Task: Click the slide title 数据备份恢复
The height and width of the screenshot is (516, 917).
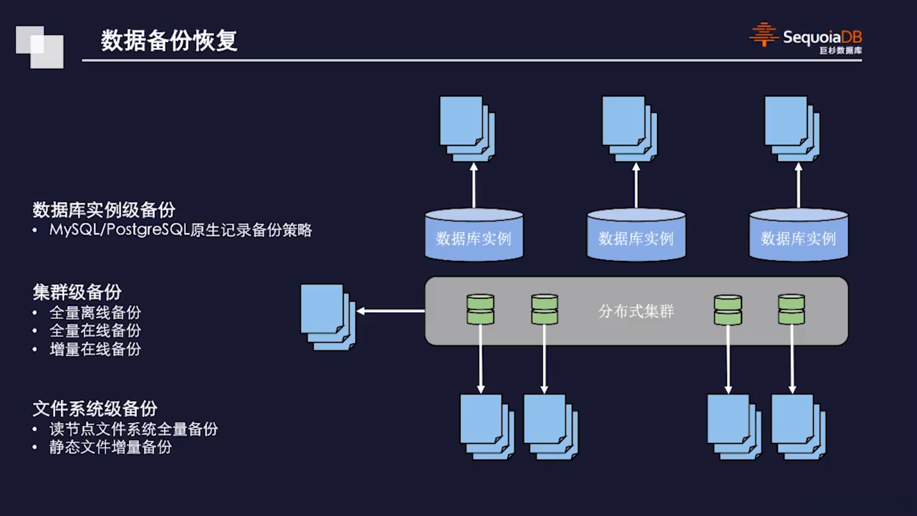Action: [169, 41]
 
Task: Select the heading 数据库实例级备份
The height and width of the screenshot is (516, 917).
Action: [104, 210]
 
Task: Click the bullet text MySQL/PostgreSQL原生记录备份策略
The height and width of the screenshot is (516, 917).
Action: [181, 230]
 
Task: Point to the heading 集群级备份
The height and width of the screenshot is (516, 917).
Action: [77, 292]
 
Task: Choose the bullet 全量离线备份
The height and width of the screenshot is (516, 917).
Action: [95, 312]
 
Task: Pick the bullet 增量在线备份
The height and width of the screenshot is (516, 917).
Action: [95, 349]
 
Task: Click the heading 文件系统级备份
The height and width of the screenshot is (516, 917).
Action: [95, 408]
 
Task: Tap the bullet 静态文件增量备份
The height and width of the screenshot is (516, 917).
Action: [110, 447]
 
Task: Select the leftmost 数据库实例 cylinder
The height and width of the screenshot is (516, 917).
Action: [474, 236]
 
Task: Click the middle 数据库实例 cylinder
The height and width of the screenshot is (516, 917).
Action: [636, 236]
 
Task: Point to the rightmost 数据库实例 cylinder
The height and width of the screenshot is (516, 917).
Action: [799, 236]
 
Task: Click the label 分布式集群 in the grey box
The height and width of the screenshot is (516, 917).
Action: [636, 312]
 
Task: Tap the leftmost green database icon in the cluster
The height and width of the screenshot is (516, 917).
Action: [480, 310]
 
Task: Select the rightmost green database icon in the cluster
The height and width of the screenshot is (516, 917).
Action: [791, 310]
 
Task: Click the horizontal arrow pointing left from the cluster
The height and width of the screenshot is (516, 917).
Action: [391, 311]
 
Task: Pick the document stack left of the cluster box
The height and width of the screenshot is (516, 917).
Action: [327, 317]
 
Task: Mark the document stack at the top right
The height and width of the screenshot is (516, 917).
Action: [791, 128]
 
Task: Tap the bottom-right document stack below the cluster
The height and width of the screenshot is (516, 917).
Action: [798, 426]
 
